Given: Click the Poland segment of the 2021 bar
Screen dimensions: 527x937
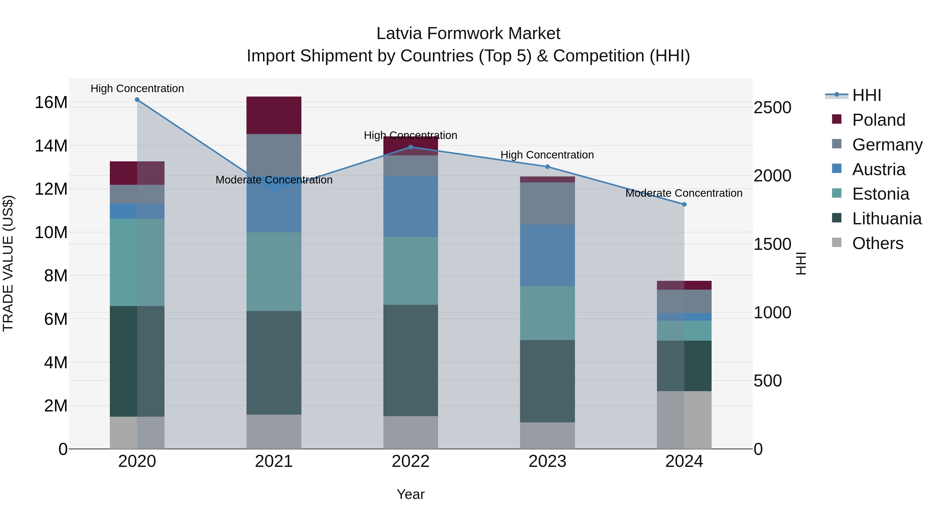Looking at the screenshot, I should click(274, 115).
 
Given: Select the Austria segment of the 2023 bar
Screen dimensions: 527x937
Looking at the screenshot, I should click(547, 255).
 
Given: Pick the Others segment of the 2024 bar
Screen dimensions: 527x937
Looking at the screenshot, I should click(684, 420).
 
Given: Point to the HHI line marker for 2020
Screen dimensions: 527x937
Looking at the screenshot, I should click(137, 100).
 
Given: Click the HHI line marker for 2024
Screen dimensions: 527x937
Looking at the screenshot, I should click(684, 204).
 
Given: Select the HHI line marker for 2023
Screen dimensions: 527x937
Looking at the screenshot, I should click(547, 167).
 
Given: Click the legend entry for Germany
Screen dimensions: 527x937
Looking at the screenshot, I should click(887, 145).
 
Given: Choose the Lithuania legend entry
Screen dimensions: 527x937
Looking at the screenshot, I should click(887, 219).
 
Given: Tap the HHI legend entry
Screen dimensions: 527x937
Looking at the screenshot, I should click(866, 95).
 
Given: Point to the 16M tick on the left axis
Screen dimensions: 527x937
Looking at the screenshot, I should click(51, 102).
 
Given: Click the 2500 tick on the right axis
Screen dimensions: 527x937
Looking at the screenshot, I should click(772, 108).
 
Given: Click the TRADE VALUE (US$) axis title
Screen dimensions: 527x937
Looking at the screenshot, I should click(8, 263).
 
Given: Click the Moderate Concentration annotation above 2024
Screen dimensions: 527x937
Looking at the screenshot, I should click(683, 193).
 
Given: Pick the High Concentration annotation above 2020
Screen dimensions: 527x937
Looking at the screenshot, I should click(137, 88).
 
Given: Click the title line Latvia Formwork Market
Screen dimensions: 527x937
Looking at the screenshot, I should click(468, 34).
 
